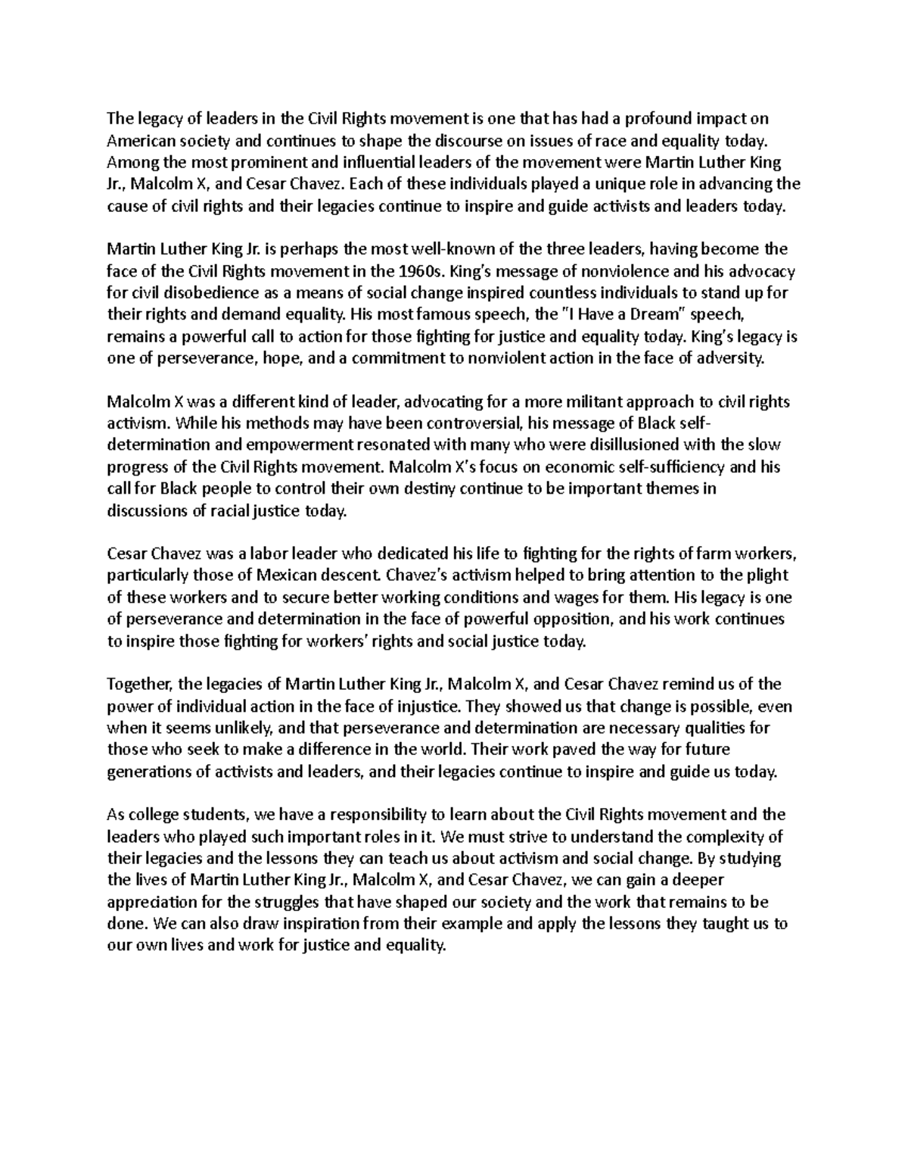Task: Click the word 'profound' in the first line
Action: [668, 118]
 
